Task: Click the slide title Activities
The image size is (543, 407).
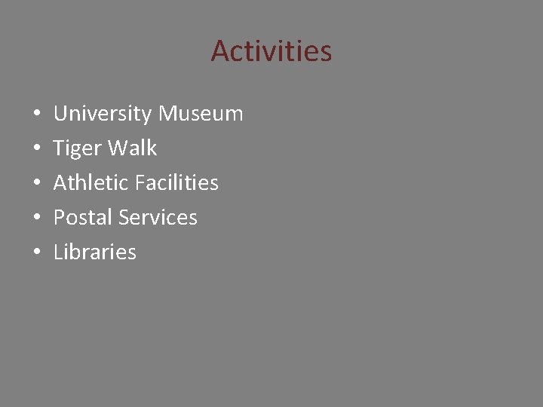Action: pos(271,51)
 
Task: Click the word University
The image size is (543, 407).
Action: pos(103,114)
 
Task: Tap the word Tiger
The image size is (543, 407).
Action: pos(78,148)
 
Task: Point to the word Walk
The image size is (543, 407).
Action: pos(132,148)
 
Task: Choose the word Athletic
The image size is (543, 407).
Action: pos(90,183)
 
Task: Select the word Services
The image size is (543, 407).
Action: pos(159,218)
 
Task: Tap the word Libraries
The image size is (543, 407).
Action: pos(95,252)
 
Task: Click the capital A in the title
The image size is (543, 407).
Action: pos(220,51)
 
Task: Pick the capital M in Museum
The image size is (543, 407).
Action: pos(169,114)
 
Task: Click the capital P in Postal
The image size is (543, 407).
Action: pos(60,218)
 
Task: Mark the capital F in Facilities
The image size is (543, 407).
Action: pos(140,183)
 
